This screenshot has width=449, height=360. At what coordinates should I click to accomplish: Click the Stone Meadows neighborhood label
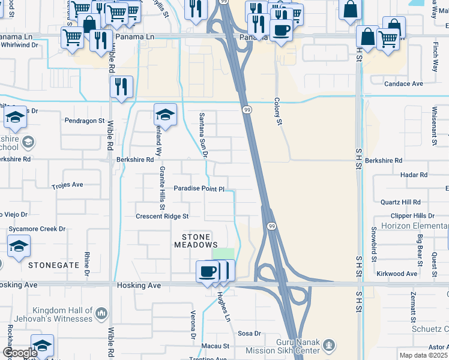pyautogui.click(x=196, y=241)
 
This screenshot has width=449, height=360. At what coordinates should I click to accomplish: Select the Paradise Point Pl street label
pyautogui.click(x=199, y=188)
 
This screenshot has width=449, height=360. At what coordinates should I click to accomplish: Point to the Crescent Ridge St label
pyautogui.click(x=162, y=216)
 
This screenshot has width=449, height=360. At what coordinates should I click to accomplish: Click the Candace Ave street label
pyautogui.click(x=404, y=84)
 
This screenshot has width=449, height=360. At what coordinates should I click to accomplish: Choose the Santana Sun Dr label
pyautogui.click(x=203, y=135)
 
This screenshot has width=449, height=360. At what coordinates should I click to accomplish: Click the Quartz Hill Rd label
pyautogui.click(x=400, y=202)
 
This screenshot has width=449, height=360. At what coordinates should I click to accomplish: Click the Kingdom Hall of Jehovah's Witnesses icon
pyautogui.click(x=101, y=313)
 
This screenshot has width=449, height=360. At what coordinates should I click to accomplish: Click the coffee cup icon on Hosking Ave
pyautogui.click(x=208, y=271)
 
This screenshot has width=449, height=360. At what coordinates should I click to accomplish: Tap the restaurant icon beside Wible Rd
pyautogui.click(x=121, y=87)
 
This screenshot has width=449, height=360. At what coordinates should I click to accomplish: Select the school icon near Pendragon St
pyautogui.click(x=165, y=114)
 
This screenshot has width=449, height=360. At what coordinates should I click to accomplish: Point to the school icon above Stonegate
pyautogui.click(x=19, y=247)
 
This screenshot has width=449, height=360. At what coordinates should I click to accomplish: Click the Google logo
pyautogui.click(x=19, y=353)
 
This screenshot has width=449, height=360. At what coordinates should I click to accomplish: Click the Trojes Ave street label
pyautogui.click(x=67, y=185)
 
